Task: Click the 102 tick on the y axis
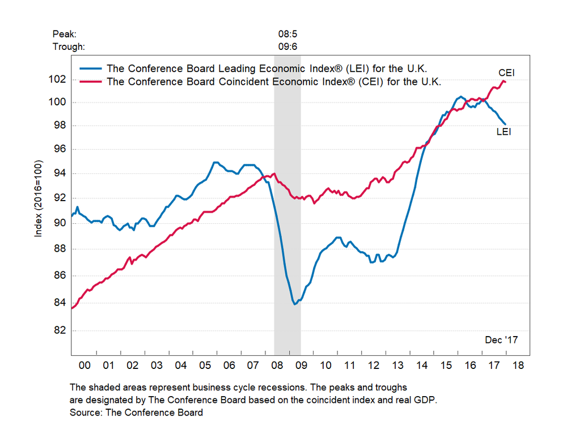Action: click(58, 79)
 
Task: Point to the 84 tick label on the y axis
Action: click(58, 302)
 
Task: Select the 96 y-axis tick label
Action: click(58, 149)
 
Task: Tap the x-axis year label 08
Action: click(277, 365)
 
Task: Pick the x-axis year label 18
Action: click(518, 365)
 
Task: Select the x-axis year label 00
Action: click(84, 365)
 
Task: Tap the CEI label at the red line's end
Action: click(506, 73)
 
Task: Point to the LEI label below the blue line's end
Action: click(504, 132)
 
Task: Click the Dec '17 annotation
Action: click(501, 340)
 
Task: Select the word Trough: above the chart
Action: click(68, 46)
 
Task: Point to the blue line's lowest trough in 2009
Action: click(295, 304)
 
